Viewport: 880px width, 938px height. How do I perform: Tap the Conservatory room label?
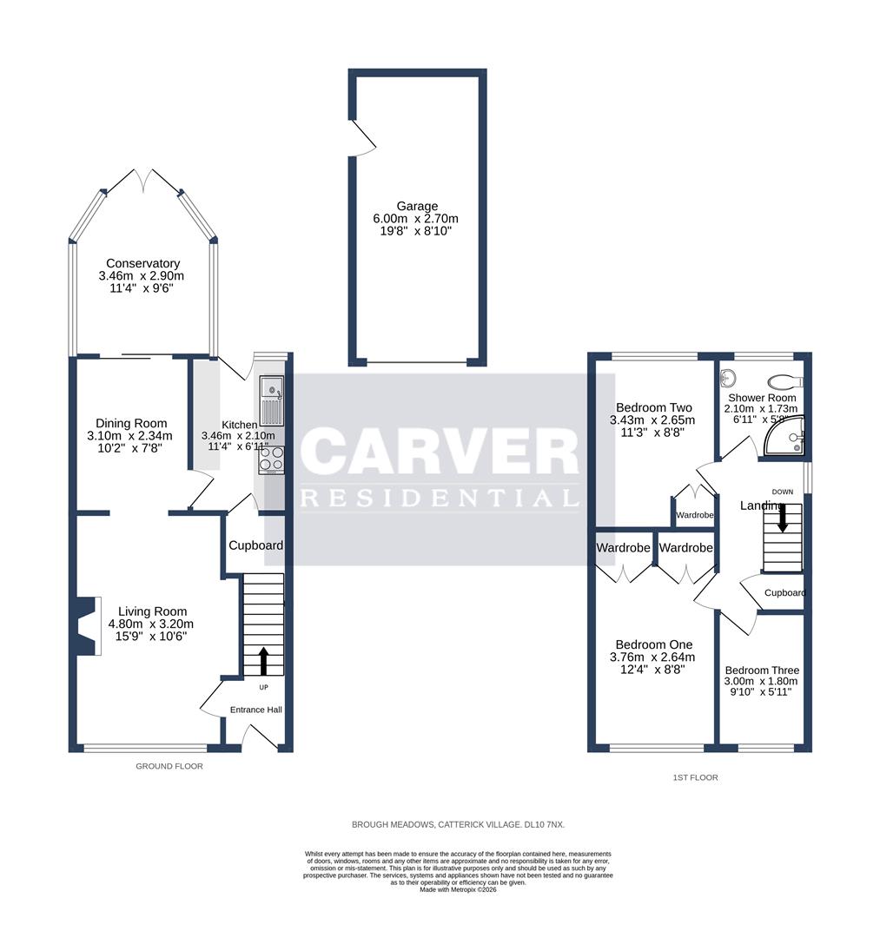point(143,264)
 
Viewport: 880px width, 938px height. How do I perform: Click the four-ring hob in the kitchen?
point(271,463)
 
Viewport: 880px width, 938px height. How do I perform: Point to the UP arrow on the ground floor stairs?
point(262,659)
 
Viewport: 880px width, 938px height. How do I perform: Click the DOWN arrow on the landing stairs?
point(783,519)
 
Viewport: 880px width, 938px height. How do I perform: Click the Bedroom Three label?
point(762,670)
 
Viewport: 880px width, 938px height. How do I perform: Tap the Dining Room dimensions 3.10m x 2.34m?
point(131,436)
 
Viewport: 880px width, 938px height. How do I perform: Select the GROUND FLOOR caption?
point(169,766)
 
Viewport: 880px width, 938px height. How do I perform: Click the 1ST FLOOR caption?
point(695,777)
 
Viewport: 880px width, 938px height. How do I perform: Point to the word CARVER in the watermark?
point(440,452)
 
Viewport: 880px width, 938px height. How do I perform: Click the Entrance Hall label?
point(256,710)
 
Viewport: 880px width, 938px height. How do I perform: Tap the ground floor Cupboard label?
point(255,545)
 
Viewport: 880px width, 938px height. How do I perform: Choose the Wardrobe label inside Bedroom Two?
point(695,515)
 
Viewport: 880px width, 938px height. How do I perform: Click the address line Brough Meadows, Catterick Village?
point(458,823)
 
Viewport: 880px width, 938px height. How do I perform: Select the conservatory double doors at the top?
point(145,180)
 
